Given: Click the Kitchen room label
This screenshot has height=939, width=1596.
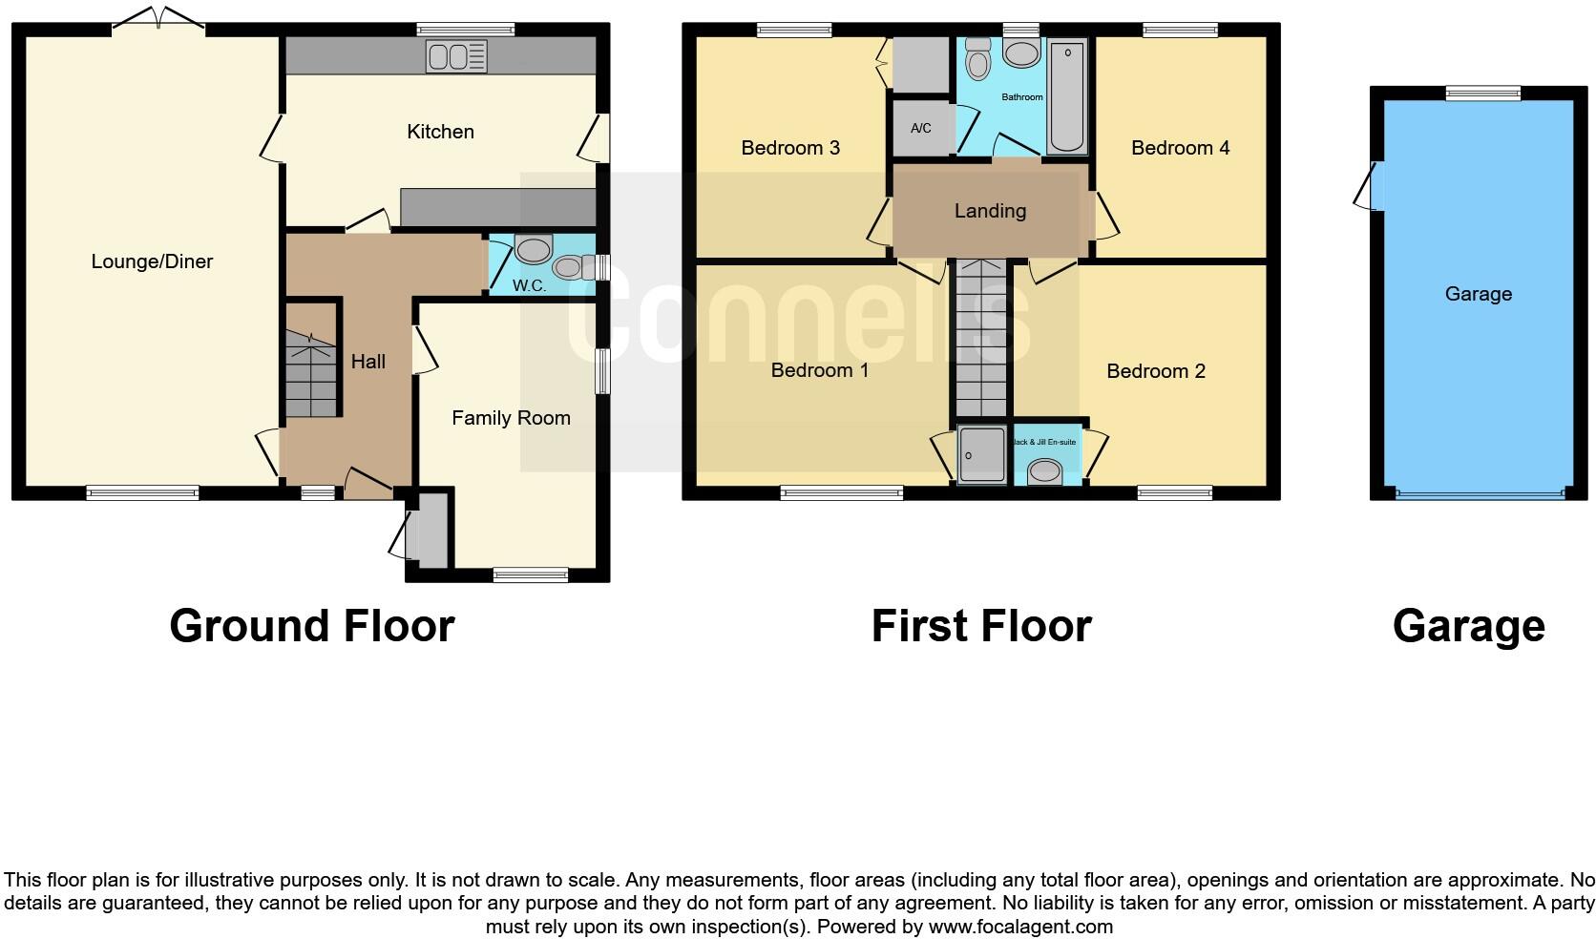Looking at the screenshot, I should pos(440,132).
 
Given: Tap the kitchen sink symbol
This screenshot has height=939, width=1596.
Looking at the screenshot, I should pos(456,57).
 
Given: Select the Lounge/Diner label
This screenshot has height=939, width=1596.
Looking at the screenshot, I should pos(152,261).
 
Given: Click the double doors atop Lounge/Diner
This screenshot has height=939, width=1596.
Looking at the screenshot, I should pos(158,20).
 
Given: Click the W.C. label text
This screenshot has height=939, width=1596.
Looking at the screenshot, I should pos(529,285).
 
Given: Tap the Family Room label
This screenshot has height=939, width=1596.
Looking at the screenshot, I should pos(511,418).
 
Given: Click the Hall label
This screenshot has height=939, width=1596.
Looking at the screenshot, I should pos(367,362).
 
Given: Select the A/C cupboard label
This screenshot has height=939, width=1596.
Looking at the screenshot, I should pos(920,128).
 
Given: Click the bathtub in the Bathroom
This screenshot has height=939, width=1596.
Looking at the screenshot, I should pos(1066,95).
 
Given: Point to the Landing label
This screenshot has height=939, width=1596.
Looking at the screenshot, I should pos(990,211).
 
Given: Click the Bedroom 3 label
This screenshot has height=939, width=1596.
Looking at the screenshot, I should pos(790,148).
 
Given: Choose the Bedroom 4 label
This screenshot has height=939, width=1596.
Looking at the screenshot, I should pos(1180,148).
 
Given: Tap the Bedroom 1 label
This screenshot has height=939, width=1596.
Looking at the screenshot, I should pos(820,370).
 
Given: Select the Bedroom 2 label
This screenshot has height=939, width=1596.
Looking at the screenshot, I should pos(1156,371).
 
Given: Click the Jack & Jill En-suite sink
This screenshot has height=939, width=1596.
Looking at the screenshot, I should pos(1045,470).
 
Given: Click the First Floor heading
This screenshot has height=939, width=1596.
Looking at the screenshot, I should pos(981,627).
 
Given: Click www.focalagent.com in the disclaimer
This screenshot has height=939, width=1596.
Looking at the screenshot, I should pos(1019,926).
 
